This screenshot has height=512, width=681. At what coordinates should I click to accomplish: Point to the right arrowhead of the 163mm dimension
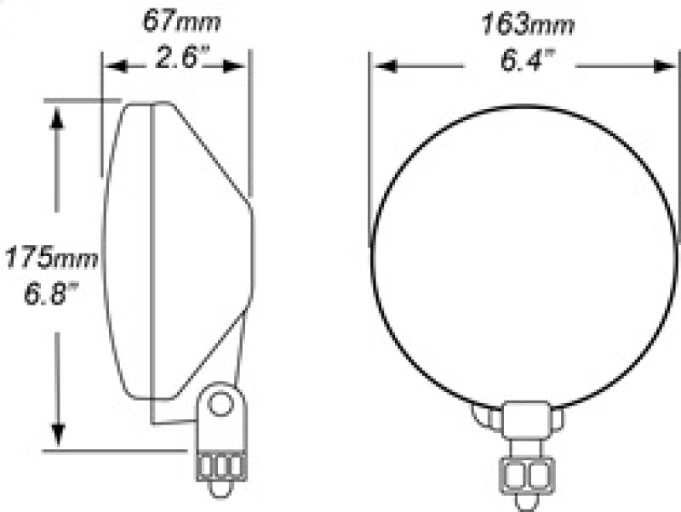658,65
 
